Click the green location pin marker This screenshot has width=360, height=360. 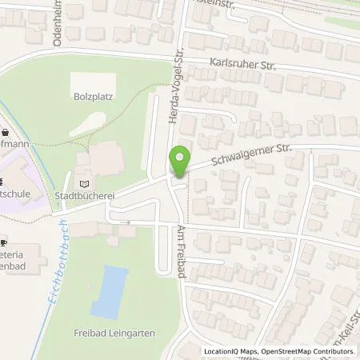[182, 161]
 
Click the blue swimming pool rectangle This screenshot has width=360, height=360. [108, 290]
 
